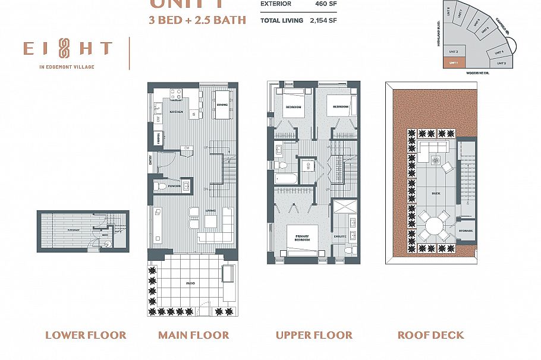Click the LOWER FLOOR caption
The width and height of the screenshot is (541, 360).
[x=86, y=335]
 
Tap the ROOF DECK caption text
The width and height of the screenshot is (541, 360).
[x=430, y=335]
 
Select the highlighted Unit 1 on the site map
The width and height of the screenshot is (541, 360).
[x=453, y=62]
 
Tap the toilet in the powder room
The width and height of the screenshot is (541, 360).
[x=160, y=186]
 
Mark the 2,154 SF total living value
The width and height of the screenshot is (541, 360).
[x=325, y=20]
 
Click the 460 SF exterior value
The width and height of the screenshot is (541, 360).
[x=326, y=4]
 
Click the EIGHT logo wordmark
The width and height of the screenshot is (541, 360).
[x=67, y=49]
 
